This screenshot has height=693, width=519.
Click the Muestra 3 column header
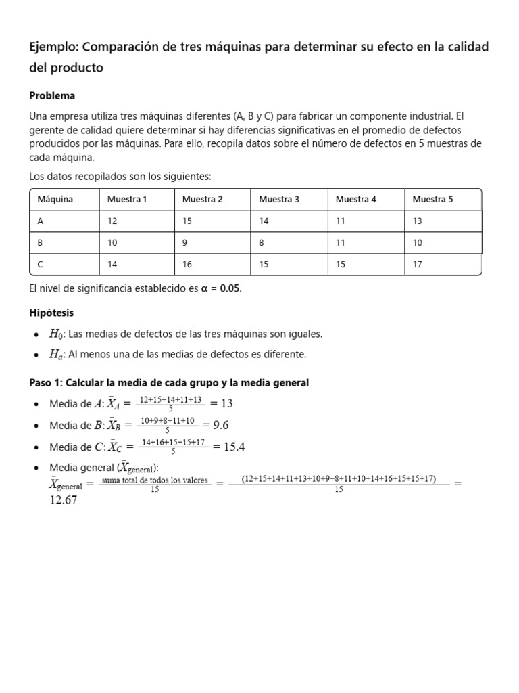coord(279,200)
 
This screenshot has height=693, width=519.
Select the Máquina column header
coord(55,200)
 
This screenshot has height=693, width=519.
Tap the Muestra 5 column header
coord(432,200)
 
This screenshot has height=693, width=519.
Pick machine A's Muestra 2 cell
coord(188,221)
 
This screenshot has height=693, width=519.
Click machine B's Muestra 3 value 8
coord(262,243)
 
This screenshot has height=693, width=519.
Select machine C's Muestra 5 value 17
coord(418,265)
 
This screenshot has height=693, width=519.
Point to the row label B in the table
coord(41,243)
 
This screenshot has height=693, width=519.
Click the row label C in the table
coord(41,265)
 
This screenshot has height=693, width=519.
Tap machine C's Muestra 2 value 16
coord(188,265)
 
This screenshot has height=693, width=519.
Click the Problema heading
coord(52,96)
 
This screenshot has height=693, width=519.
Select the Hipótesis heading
coord(51,313)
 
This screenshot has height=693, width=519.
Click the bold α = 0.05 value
coord(220,289)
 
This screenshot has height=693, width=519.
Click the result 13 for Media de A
coord(226,403)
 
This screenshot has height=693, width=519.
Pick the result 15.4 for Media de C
coord(228,447)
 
